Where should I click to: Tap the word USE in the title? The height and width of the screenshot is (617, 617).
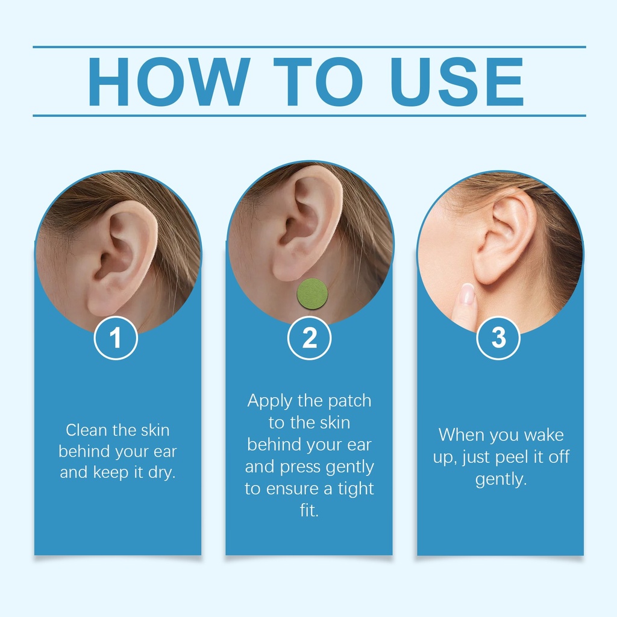457,81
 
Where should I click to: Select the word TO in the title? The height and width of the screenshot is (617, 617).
318,81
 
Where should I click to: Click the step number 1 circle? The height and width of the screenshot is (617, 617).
116,338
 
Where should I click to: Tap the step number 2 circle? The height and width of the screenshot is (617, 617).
309,338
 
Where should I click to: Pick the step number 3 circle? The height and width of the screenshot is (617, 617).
498,338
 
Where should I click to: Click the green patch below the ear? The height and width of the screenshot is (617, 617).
313,293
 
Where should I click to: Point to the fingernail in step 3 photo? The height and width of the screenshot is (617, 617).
467,293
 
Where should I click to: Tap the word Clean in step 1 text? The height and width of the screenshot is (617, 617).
87,430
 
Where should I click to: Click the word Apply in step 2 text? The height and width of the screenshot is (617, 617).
269,401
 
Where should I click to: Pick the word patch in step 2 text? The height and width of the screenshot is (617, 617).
349,401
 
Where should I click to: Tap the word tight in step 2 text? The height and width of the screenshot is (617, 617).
355,489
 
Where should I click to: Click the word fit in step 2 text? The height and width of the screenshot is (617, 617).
309,510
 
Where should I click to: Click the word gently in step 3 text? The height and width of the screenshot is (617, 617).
501,480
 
